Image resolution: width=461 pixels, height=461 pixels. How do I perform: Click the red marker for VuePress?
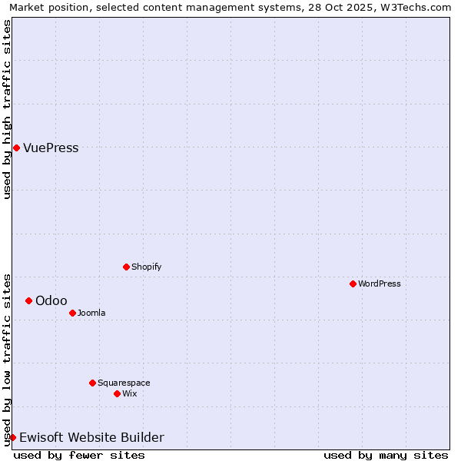coord(16,148)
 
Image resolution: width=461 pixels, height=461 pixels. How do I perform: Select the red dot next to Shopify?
coord(126,267)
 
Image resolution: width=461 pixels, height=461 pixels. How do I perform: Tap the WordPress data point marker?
coord(353,284)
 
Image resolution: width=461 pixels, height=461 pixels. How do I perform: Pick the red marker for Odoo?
coord(28,300)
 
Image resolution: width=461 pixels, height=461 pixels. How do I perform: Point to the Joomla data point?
coord(72,313)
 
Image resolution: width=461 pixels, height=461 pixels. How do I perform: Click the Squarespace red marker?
coord(92,383)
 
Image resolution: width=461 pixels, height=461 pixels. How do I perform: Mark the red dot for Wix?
coord(117,393)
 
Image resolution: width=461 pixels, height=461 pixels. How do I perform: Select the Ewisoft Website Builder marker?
coord(12,437)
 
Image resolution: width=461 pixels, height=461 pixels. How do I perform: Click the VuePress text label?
coord(51,148)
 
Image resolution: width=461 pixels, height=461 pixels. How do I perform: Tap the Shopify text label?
coord(146,267)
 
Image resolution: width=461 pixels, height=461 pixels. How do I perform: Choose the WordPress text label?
coord(379,284)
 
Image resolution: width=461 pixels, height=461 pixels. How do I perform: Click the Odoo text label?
coord(51,300)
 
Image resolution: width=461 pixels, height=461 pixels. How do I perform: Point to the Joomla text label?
coord(91,313)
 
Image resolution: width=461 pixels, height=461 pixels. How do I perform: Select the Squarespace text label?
coord(124,383)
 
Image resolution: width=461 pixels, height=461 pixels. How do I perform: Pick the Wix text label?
coord(129,393)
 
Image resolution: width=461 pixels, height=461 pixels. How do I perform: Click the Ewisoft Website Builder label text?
coord(91,438)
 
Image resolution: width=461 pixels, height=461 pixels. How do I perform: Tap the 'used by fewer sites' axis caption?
coord(79,455)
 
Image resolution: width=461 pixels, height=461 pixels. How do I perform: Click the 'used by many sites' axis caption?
coord(386,455)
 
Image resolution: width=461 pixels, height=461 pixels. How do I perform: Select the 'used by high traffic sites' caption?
coord(7,109)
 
